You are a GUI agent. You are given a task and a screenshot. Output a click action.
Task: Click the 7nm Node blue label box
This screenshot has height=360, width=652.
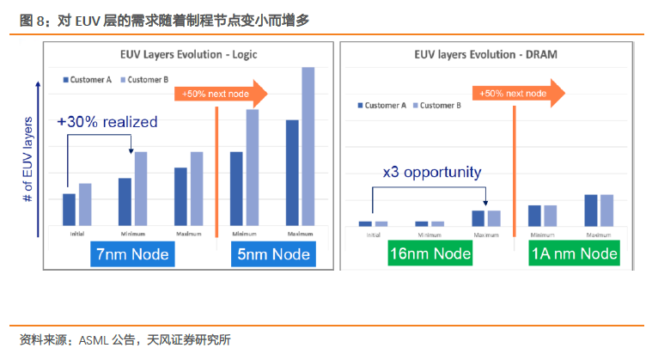pos(132,254)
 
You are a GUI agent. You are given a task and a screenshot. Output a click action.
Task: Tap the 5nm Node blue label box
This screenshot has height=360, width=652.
pos(273,254)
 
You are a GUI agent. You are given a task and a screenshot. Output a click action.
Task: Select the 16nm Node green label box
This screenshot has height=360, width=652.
pos(430,253)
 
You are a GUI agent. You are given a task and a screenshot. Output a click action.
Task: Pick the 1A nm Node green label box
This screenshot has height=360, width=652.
pos(574,253)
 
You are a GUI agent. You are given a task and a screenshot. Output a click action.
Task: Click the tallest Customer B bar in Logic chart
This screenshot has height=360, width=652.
pos(308,146)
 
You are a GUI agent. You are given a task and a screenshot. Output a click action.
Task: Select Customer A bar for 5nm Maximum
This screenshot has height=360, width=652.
pos(292,173)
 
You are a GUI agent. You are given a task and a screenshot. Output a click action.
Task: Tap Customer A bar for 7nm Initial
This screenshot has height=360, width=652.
pos(69,210)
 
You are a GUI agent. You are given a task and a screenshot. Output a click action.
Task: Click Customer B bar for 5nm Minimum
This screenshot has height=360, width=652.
pos(253,168)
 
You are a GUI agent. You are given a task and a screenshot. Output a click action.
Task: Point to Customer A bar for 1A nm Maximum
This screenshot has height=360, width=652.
pos(591,211)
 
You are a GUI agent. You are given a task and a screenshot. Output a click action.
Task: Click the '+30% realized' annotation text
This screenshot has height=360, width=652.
pos(107,122)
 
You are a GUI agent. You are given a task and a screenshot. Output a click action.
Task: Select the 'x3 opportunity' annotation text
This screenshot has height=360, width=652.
pos(432,172)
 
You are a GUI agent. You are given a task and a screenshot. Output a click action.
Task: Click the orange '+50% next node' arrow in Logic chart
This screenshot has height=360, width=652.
pos(221,94)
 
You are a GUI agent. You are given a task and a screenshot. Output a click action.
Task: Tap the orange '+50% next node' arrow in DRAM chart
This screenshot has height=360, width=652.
pos(519,93)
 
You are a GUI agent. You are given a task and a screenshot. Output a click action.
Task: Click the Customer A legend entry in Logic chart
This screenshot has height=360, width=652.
pos(88,80)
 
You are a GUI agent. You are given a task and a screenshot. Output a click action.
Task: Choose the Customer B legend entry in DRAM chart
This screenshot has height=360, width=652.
pos(437,106)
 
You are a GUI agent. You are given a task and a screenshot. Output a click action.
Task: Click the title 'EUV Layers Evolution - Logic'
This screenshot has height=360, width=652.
pos(188,54)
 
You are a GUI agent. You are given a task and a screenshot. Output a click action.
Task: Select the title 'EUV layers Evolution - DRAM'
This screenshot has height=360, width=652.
pos(485,54)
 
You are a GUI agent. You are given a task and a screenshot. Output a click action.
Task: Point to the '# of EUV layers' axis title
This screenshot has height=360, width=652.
pos(27,160)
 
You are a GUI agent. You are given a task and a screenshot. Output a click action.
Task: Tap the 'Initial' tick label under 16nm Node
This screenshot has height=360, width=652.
pos(374,235)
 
